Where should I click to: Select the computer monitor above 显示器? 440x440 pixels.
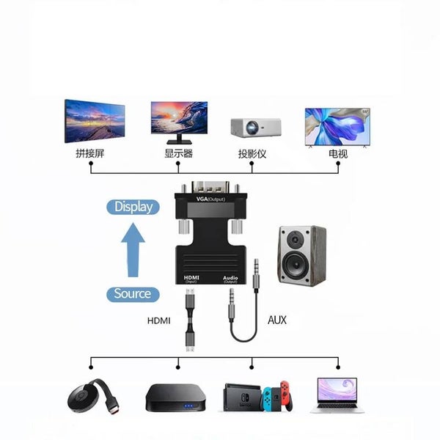178,119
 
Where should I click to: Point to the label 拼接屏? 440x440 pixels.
90,154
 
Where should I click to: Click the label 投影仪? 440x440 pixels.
252,154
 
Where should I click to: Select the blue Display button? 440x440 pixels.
133,207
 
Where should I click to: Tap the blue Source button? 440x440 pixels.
132,294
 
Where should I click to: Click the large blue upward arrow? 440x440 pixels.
133,249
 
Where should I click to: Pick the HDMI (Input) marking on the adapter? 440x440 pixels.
191,279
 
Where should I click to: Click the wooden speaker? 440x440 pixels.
301,254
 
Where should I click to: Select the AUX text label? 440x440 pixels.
277,320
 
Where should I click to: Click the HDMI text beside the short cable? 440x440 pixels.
158,320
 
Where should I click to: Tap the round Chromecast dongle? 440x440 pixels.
88,400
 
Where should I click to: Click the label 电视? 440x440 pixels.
338,154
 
